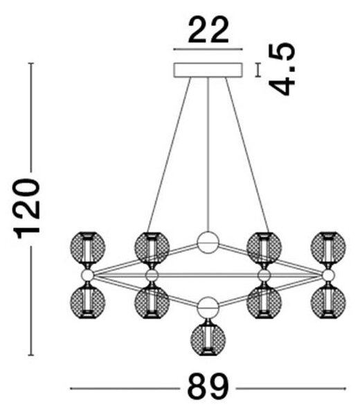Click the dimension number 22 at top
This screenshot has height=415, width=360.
pos(208,30)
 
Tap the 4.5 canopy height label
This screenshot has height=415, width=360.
pos(281,69)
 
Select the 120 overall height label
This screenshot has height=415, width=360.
pos(26,209)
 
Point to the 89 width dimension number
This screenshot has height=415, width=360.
pos(208,389)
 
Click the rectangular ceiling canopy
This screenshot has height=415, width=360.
pos(208,70)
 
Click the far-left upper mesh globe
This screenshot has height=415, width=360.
pos(88,247)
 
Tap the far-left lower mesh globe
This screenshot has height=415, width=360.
pos(88,302)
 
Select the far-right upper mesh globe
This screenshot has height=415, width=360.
pos(328,247)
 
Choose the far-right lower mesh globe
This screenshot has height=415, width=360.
pos(328,302)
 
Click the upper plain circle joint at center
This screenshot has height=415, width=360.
pos(208,243)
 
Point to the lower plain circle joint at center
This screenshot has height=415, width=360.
pos(208,307)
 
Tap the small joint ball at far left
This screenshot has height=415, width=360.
pos(87,275)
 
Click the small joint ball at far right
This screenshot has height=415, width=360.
pos(328,275)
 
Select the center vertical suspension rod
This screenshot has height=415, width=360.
pos(208,154)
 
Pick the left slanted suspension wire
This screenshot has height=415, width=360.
pos(169,155)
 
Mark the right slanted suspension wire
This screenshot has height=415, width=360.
pos(247,155)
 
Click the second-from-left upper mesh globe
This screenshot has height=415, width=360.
pos(152,247)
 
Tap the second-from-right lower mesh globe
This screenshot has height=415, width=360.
pos(264,302)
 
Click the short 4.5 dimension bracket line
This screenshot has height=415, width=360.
pos(258,70)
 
